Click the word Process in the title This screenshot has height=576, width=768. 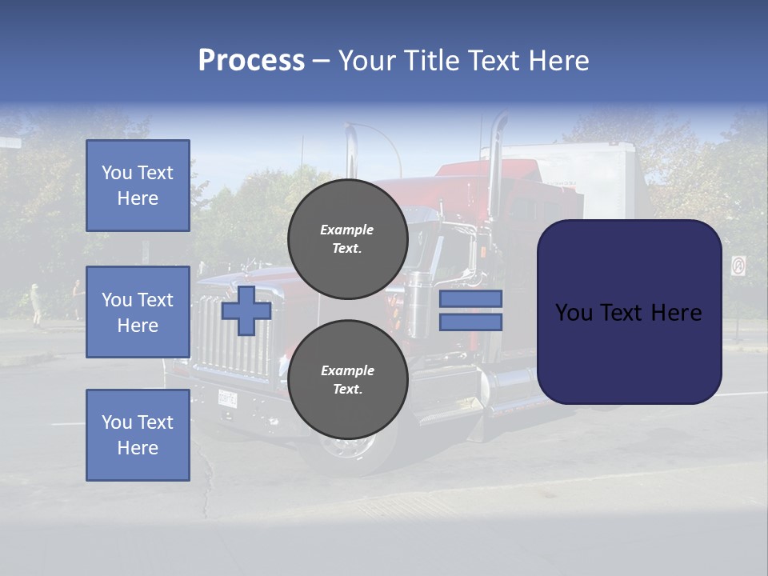251,61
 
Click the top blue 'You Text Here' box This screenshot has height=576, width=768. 138,186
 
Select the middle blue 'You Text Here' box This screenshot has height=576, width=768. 138,312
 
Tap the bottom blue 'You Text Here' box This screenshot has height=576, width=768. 138,434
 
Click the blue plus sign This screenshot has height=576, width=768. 246,310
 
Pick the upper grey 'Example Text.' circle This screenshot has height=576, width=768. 347,238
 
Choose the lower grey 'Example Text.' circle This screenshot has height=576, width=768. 347,379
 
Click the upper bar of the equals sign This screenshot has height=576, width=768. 470,298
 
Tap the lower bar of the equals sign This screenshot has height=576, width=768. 470,322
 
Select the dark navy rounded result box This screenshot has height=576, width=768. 629,312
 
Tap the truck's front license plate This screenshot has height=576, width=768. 228,397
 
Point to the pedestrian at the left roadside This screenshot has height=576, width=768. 35,304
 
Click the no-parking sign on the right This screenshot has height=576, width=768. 738,266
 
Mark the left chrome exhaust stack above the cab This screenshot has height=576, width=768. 351,152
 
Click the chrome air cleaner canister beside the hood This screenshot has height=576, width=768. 418,304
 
